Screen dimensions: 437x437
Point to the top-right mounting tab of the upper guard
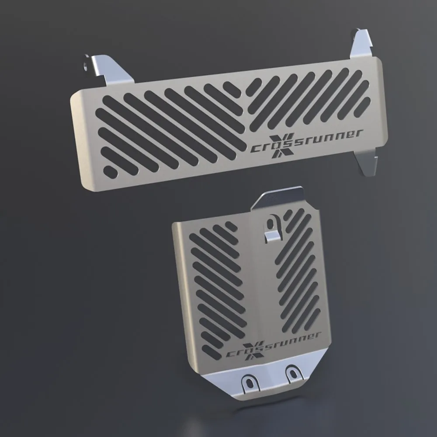tap(361, 44)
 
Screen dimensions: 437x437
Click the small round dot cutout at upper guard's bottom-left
tap(111, 172)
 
